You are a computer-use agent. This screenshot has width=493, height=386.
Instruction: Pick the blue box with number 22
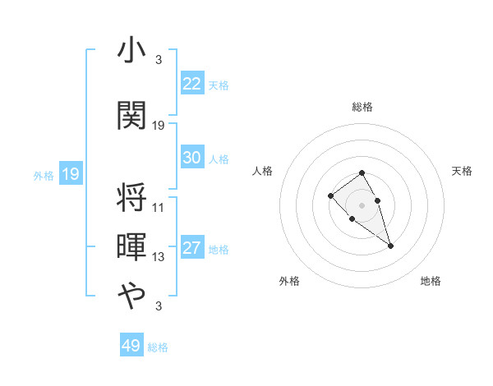191,84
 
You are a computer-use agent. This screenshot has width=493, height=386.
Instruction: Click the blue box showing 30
191,158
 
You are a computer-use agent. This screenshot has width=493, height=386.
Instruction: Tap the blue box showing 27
191,249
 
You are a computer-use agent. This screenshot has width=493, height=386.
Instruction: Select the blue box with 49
131,346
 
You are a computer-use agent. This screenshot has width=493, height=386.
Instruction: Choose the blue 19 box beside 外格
70,174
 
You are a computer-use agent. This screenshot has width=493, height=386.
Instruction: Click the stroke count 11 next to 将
159,207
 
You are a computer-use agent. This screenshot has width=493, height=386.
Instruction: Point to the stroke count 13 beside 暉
159,257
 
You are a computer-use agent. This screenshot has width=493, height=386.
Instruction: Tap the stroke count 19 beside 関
159,125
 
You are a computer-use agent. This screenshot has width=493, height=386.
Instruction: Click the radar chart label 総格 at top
362,107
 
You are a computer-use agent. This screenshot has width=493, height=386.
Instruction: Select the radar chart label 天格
463,171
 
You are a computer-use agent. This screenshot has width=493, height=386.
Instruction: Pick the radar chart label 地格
431,282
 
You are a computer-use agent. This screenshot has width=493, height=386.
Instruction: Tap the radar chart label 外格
289,282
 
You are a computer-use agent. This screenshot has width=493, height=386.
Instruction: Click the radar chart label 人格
263,171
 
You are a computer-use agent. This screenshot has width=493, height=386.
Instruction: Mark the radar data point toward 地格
390,246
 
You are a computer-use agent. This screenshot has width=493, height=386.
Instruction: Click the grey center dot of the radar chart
362,204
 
